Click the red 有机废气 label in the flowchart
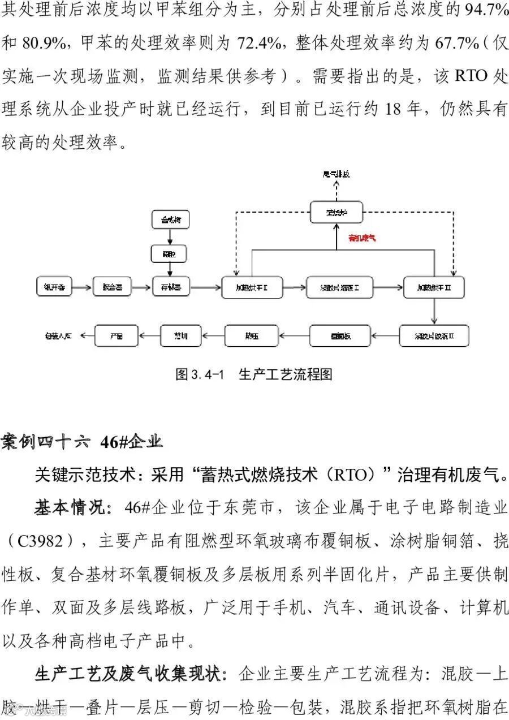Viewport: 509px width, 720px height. (362, 238)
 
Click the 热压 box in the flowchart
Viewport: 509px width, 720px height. (251, 336)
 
